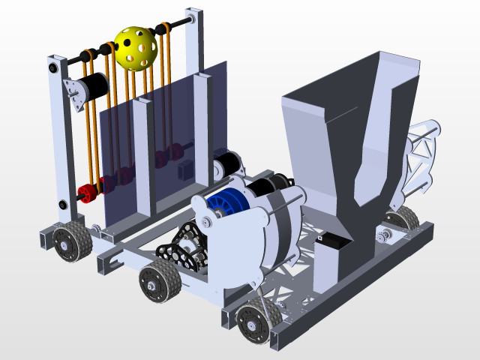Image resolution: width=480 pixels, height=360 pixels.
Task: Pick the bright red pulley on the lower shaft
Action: click(x=87, y=193)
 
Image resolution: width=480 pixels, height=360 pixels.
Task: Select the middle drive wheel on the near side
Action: click(x=159, y=283)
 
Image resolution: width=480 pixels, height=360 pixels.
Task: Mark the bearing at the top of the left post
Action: click(x=55, y=67)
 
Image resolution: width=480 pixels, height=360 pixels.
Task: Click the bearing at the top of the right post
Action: click(x=191, y=17)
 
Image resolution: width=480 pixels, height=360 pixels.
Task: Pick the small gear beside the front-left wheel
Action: click(x=97, y=229)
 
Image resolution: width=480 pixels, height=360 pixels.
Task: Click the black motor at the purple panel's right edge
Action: click(x=227, y=163)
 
